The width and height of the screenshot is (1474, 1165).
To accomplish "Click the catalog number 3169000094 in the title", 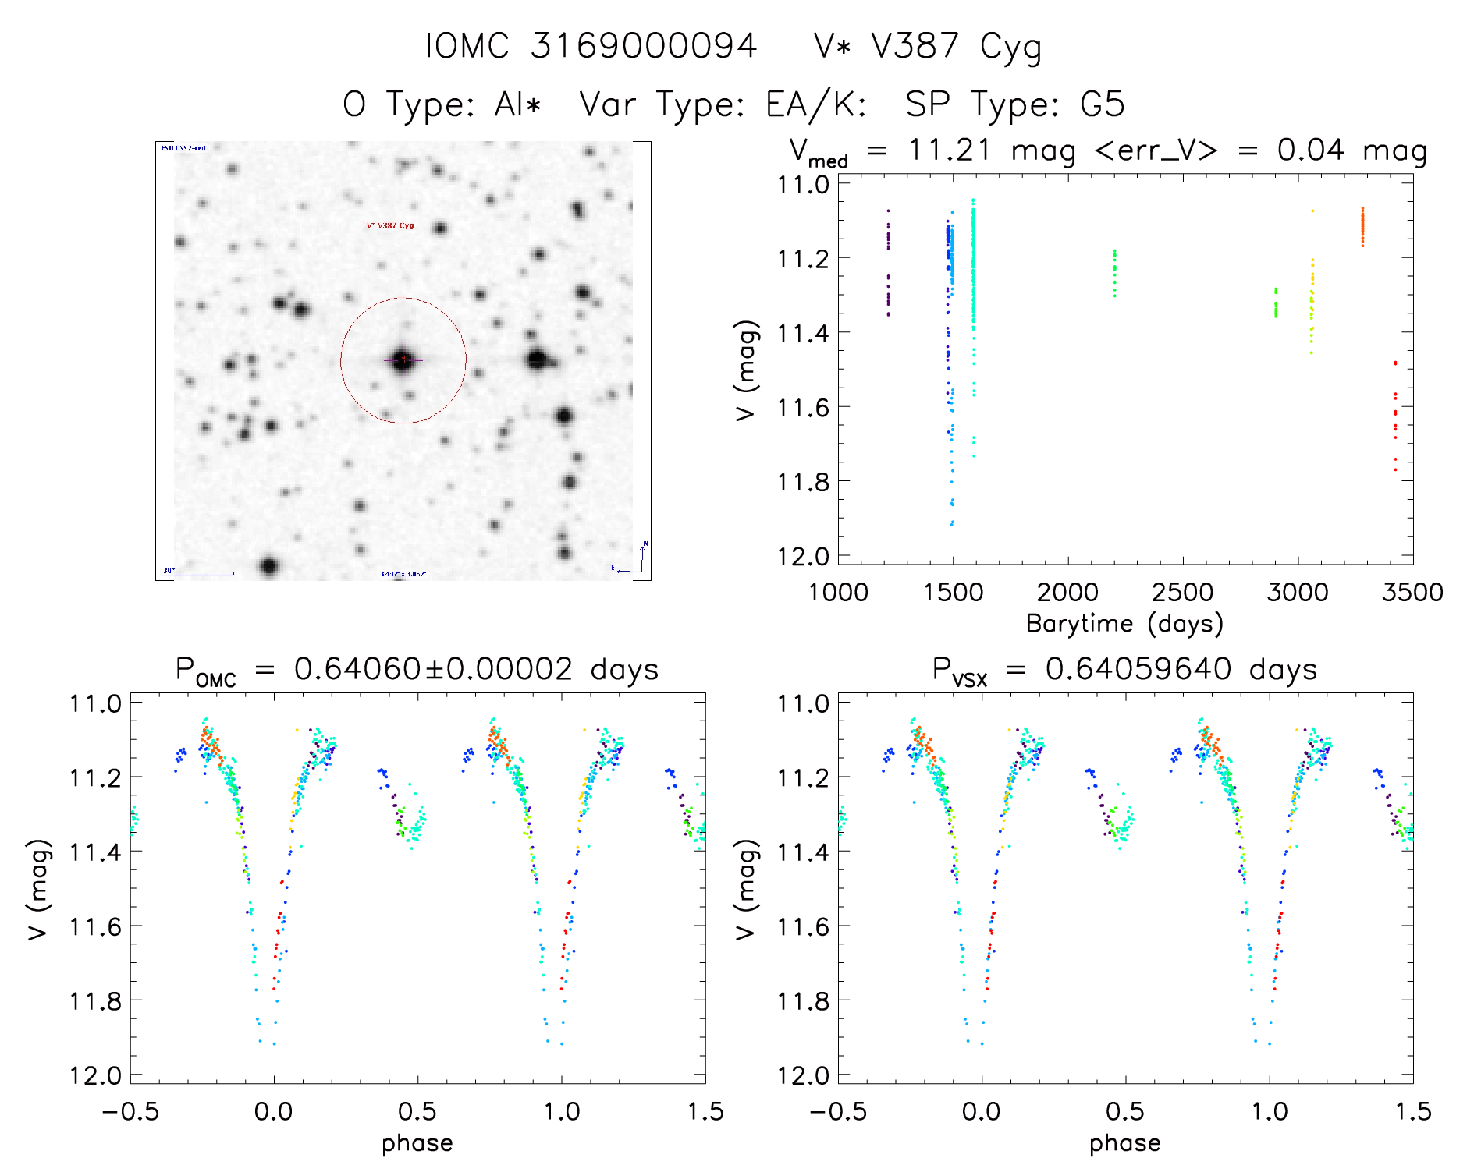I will point(643,46).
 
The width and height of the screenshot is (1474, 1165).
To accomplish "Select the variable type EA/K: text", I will point(816,104).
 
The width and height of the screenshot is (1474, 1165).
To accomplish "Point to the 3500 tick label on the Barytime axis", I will point(1412,592).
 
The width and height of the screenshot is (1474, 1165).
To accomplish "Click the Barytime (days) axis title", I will point(1124,624).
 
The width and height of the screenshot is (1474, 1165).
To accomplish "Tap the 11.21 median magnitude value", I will point(949,150).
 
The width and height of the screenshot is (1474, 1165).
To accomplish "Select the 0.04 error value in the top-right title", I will point(1310,150).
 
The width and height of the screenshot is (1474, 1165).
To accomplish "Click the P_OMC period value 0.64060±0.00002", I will point(433,670).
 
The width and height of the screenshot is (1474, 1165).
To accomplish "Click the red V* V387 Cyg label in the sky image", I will point(390,226).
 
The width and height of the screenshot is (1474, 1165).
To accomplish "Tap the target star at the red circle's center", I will point(403,359).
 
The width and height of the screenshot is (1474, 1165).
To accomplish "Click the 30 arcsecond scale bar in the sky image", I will point(198,574).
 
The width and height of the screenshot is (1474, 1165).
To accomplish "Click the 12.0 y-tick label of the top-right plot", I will point(803,557).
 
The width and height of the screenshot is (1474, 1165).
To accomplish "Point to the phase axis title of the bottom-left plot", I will point(417,1143).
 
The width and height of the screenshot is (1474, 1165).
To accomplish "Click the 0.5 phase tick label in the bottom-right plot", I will point(1125,1111).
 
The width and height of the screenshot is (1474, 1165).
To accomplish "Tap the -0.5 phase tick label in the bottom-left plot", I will point(130,1111).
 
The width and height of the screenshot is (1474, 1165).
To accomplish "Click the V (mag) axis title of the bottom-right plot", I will point(746,889).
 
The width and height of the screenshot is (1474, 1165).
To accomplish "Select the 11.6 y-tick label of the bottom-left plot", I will point(95,926).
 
